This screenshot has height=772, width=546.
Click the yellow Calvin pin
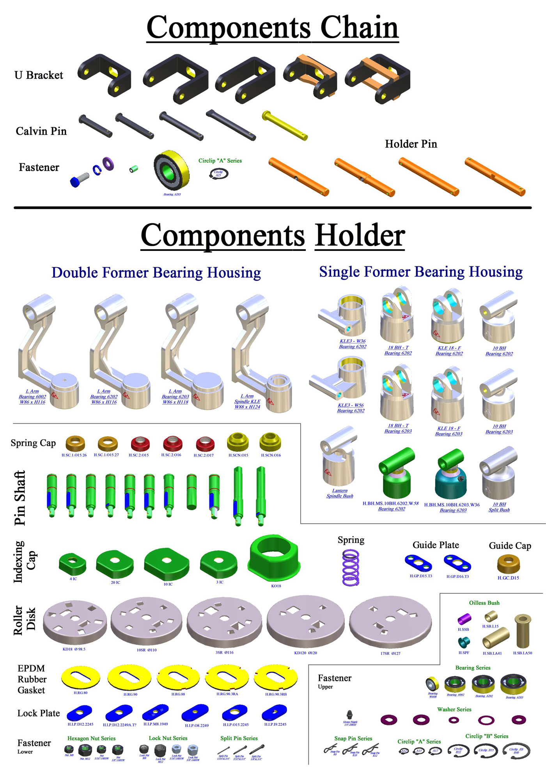tap(285, 125)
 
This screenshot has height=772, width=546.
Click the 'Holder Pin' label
tap(411, 144)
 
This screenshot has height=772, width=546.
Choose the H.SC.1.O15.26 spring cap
tap(75, 443)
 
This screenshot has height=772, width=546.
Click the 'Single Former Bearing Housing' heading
tap(421, 272)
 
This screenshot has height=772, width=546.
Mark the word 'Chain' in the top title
tap(359, 28)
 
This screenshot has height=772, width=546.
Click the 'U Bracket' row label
tap(39, 75)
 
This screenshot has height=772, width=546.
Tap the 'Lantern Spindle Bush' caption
tap(340, 493)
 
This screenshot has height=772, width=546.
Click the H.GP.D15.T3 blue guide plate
tap(418, 563)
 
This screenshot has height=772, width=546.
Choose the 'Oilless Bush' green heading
tap(484, 603)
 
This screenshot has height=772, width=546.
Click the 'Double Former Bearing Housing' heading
tap(156, 273)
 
